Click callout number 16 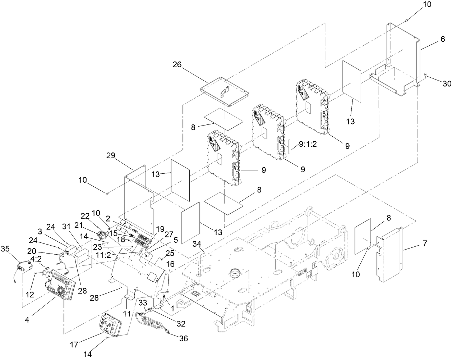(170, 264)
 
